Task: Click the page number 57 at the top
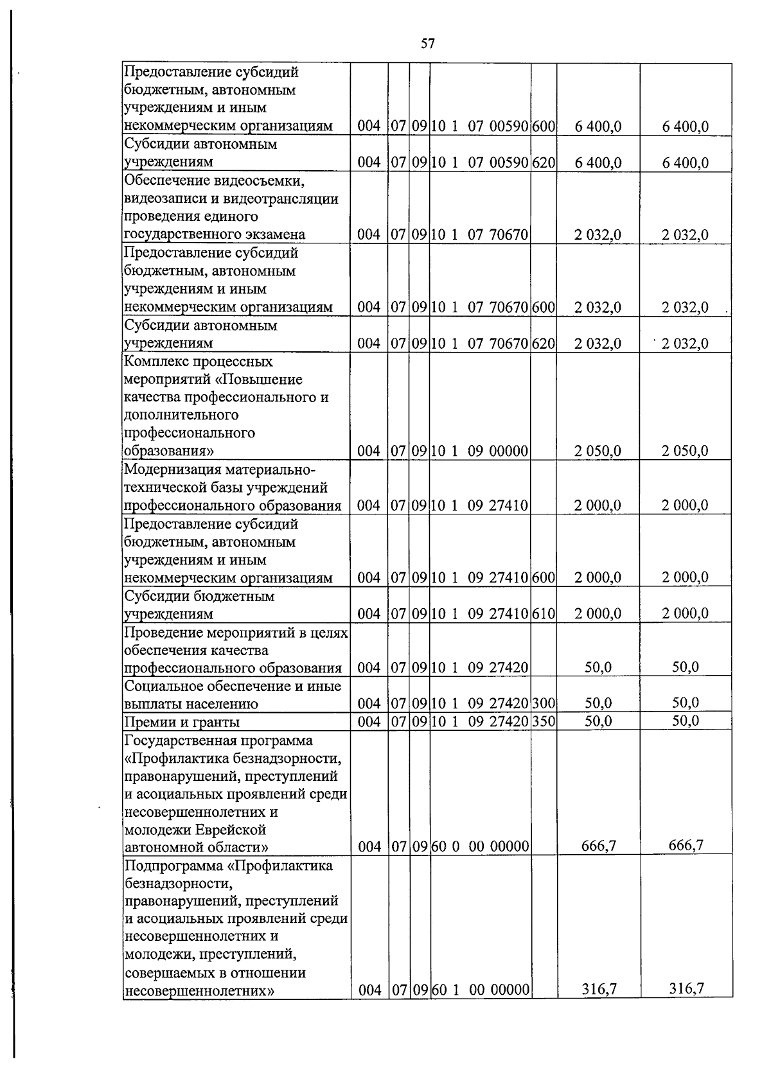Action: (x=427, y=44)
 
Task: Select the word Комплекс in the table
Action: (x=152, y=362)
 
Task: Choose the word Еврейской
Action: (x=229, y=829)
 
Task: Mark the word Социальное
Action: (x=159, y=685)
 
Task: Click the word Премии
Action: (x=147, y=722)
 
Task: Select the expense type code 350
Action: (x=544, y=722)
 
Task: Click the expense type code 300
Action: (x=544, y=704)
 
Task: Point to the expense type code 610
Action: (x=544, y=614)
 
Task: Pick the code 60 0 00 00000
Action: (x=479, y=847)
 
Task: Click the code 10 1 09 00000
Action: (x=479, y=451)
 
